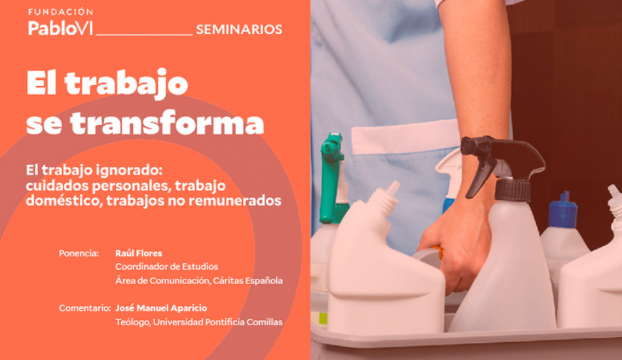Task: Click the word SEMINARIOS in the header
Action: [x=239, y=29]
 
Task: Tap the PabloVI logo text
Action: [x=60, y=27]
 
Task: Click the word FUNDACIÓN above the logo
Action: [x=61, y=12]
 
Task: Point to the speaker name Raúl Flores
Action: [x=138, y=253]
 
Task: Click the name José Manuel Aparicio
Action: [x=161, y=308]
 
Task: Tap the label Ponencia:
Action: [x=79, y=253]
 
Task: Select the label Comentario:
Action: [x=84, y=308]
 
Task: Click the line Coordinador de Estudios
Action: [x=166, y=266]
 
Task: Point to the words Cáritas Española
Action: [x=248, y=281]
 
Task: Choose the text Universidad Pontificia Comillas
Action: [x=218, y=322]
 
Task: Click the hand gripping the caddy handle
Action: [x=456, y=242]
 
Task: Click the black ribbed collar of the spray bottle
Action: [x=513, y=190]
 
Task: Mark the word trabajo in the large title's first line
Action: [x=126, y=84]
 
